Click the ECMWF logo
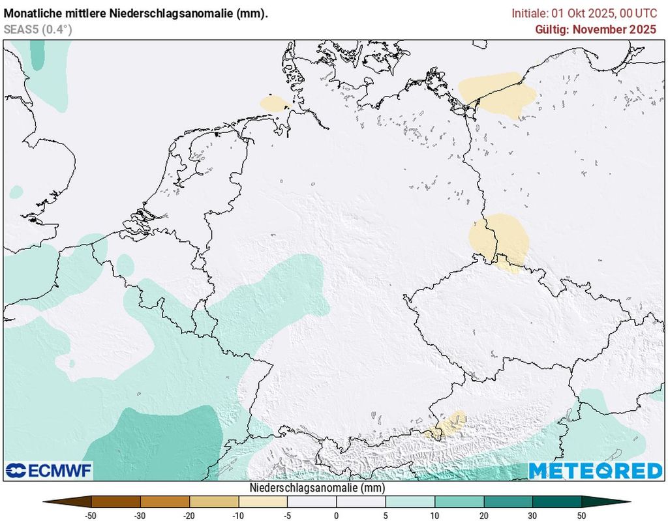49,470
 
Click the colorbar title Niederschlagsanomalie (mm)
317,488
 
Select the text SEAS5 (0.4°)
37,29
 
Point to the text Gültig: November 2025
596,29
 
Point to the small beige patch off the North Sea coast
273,103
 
